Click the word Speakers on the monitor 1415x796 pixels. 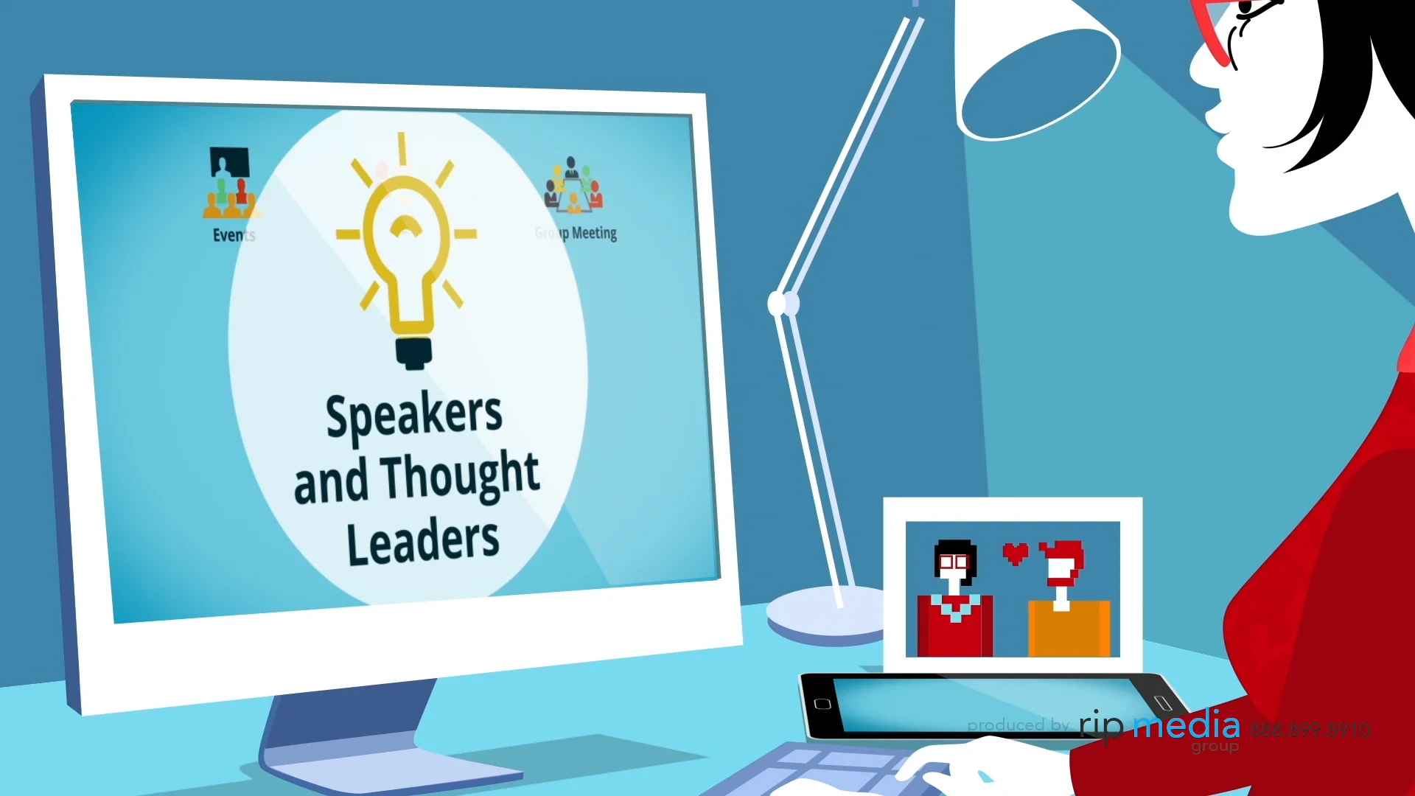click(x=413, y=415)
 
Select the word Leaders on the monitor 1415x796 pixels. click(x=423, y=541)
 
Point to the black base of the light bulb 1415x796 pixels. click(x=413, y=352)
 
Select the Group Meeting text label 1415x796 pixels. click(x=576, y=234)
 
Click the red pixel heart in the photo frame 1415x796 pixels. click(x=1015, y=553)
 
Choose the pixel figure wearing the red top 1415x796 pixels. click(x=954, y=601)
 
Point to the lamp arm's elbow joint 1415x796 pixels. click(x=783, y=303)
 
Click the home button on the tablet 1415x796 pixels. click(x=822, y=704)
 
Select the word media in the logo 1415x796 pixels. click(x=1187, y=725)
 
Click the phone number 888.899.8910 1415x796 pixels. click(x=1310, y=729)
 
